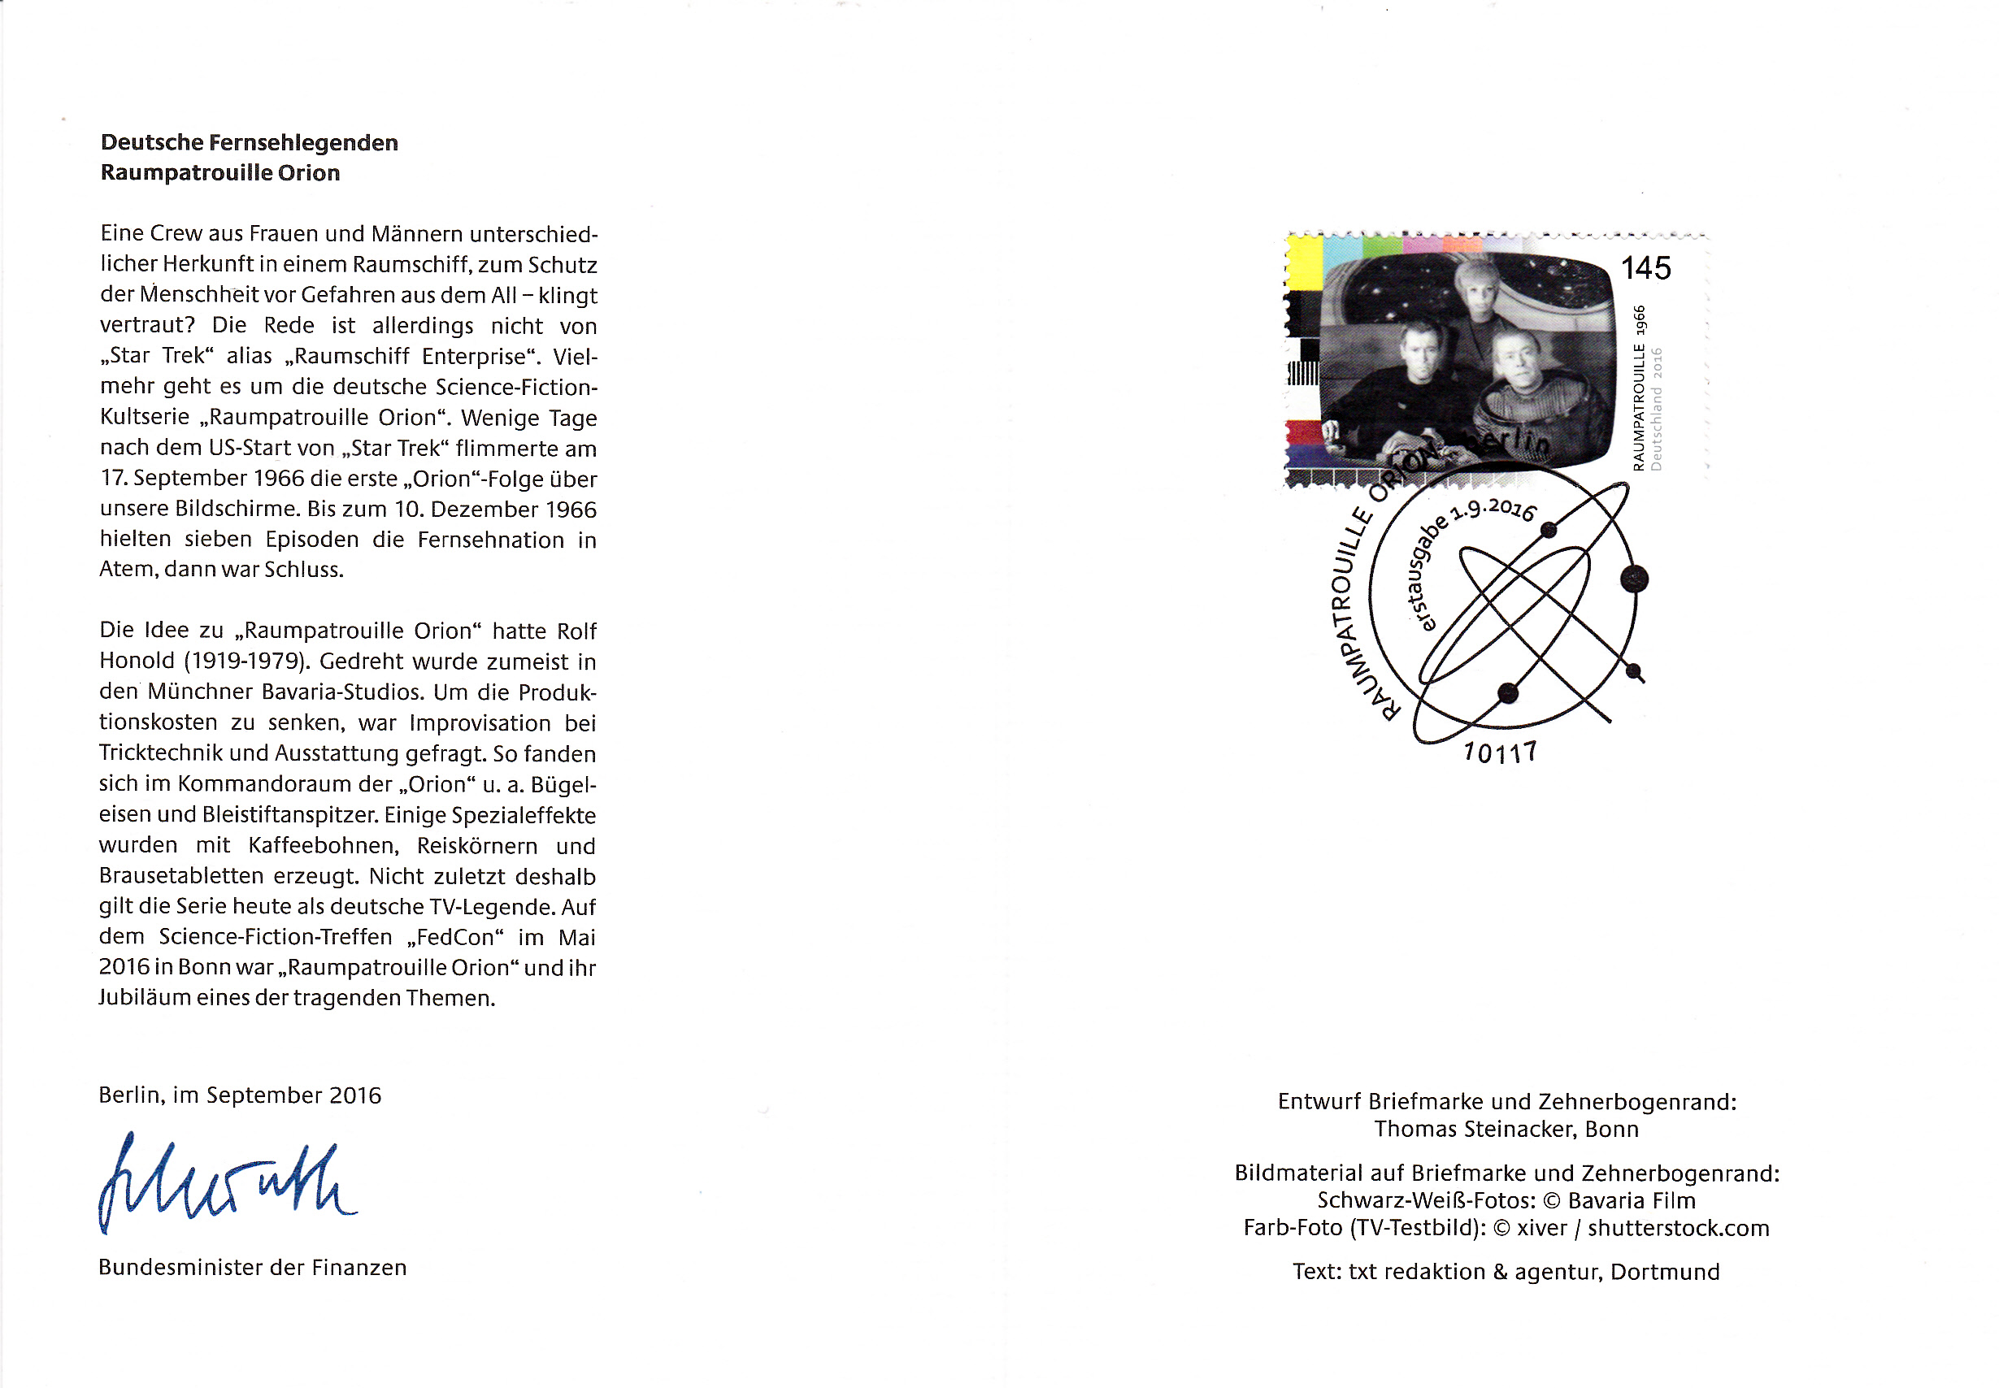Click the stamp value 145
(x=1645, y=268)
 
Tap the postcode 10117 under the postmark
(x=1500, y=753)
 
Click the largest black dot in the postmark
(x=1635, y=579)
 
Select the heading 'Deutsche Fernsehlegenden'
(x=250, y=143)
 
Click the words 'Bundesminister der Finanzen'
(x=252, y=1267)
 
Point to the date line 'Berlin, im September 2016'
(x=239, y=1095)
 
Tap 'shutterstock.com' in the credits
(x=1678, y=1228)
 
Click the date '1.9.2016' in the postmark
(x=1493, y=508)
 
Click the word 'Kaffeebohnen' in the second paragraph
(x=323, y=845)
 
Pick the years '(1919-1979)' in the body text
(x=247, y=661)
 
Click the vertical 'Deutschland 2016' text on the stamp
(x=1657, y=409)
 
